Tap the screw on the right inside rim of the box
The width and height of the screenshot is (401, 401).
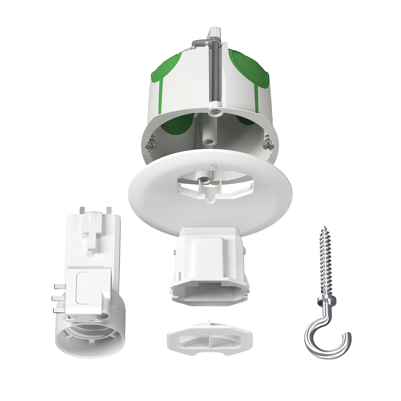268,144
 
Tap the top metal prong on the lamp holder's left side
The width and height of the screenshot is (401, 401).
59,286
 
